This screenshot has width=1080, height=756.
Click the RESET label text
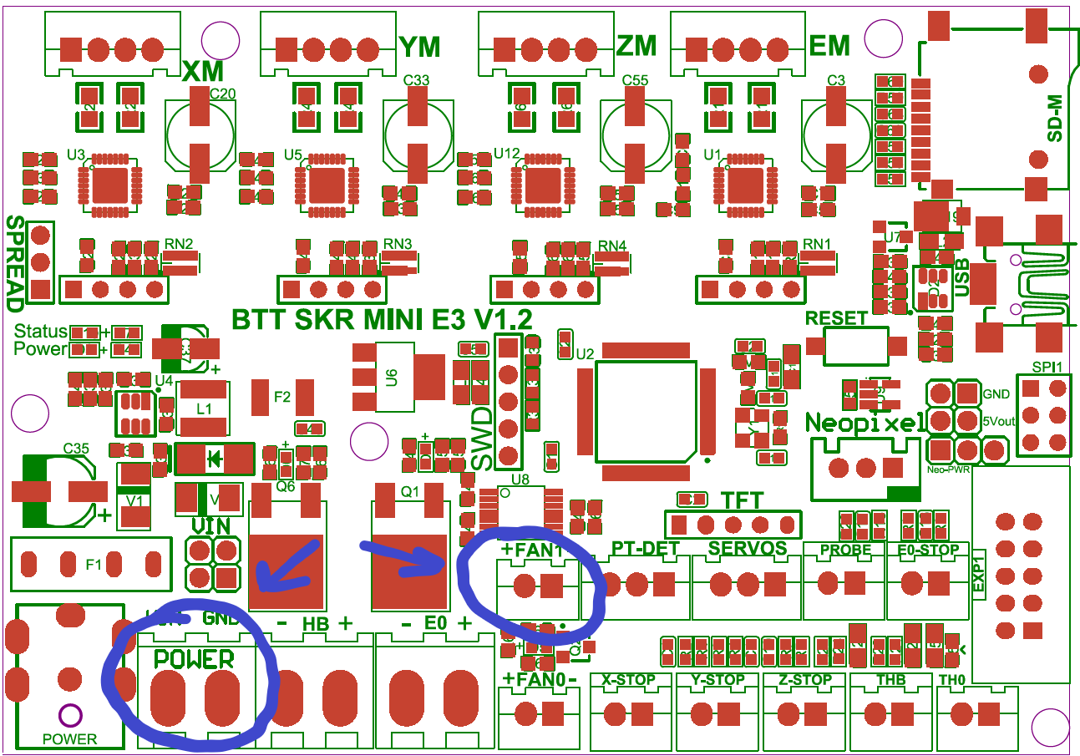click(x=836, y=318)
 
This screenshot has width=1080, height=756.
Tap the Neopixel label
click(x=865, y=422)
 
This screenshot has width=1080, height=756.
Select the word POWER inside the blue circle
click(x=194, y=658)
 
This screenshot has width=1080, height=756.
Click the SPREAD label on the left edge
click(x=16, y=259)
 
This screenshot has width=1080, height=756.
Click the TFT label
click(x=742, y=501)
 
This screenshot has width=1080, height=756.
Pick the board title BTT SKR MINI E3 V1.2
click(x=382, y=320)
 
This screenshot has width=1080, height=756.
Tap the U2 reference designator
click(x=585, y=354)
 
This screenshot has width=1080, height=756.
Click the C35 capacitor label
click(x=76, y=449)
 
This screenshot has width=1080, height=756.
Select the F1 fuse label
click(x=94, y=566)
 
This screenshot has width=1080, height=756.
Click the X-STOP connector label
click(x=629, y=680)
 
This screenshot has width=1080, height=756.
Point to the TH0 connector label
click(x=952, y=680)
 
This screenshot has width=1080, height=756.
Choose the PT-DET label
click(x=646, y=549)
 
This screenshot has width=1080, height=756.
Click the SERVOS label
click(x=747, y=549)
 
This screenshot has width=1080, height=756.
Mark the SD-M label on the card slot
click(x=1054, y=118)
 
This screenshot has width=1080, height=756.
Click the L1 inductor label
click(x=203, y=409)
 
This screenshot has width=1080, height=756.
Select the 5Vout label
click(x=999, y=421)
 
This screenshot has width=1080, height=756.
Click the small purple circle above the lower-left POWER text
click(x=68, y=715)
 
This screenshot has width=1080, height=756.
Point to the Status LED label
click(x=40, y=332)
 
